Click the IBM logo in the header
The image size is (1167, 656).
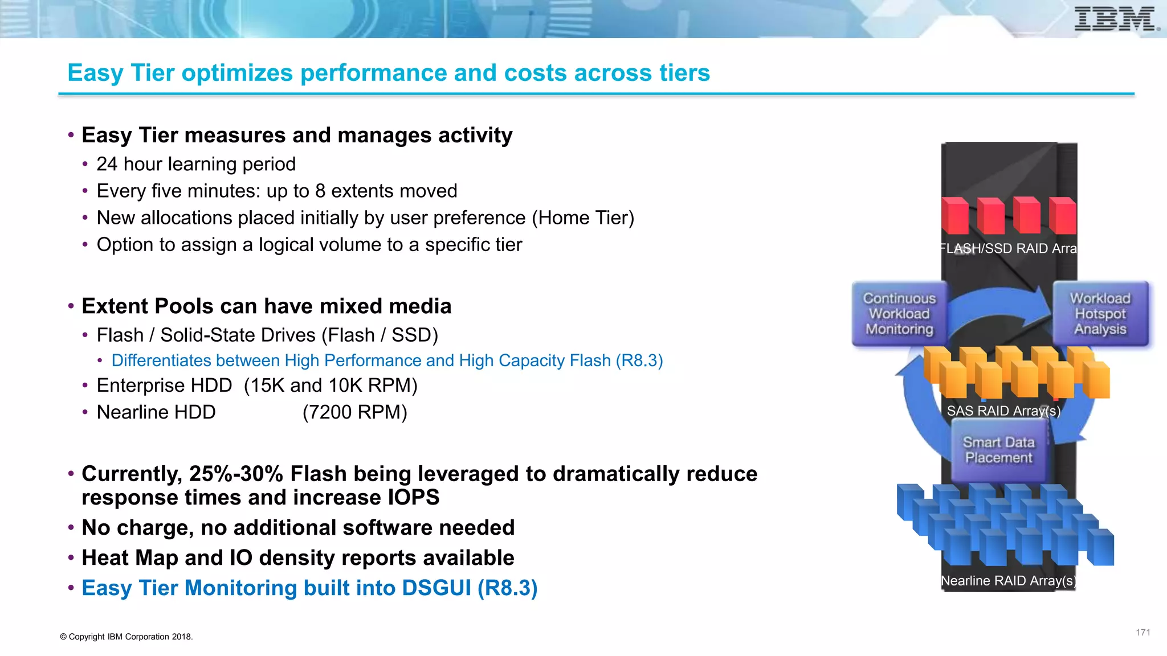(1116, 19)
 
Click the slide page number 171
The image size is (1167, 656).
(1142, 632)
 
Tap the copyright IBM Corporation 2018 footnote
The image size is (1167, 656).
(127, 637)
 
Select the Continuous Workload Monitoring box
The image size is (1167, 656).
(899, 314)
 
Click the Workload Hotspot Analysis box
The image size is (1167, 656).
(1100, 314)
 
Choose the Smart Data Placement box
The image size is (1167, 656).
(998, 450)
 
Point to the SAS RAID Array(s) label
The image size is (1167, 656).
(1003, 411)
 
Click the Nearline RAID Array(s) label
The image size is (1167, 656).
(1007, 581)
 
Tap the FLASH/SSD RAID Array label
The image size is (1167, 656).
(1007, 248)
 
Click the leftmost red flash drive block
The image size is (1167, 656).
(954, 216)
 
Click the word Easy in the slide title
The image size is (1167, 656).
(96, 73)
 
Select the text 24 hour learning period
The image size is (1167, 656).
(196, 164)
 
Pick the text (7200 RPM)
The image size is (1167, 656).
(354, 412)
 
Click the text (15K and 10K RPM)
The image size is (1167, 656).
(330, 386)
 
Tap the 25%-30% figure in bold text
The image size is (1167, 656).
(236, 474)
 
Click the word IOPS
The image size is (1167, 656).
(414, 498)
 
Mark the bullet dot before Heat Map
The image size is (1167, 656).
(71, 558)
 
